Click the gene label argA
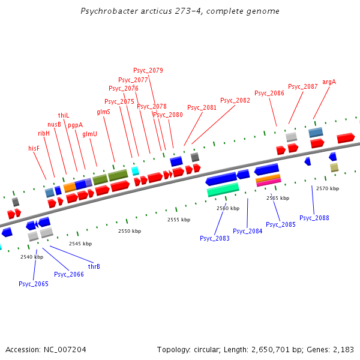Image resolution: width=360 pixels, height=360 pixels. (329, 82)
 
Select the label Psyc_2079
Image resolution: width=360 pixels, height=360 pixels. (148, 71)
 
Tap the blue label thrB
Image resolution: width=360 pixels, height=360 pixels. (94, 266)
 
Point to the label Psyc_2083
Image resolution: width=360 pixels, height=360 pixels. (215, 238)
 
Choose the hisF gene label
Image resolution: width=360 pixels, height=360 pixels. (34, 148)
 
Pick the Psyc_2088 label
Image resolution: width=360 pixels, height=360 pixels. (314, 218)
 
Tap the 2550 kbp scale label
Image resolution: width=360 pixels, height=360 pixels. (129, 231)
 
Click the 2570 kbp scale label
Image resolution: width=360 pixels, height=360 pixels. (327, 188)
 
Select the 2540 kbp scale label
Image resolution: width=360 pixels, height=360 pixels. (32, 257)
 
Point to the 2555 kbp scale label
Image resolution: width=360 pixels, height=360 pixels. (178, 220)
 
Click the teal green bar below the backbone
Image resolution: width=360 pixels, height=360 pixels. (223, 190)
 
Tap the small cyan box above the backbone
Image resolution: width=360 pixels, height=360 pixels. (136, 170)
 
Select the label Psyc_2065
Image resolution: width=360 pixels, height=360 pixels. (34, 284)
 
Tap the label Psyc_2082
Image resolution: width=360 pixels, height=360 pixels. (235, 101)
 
